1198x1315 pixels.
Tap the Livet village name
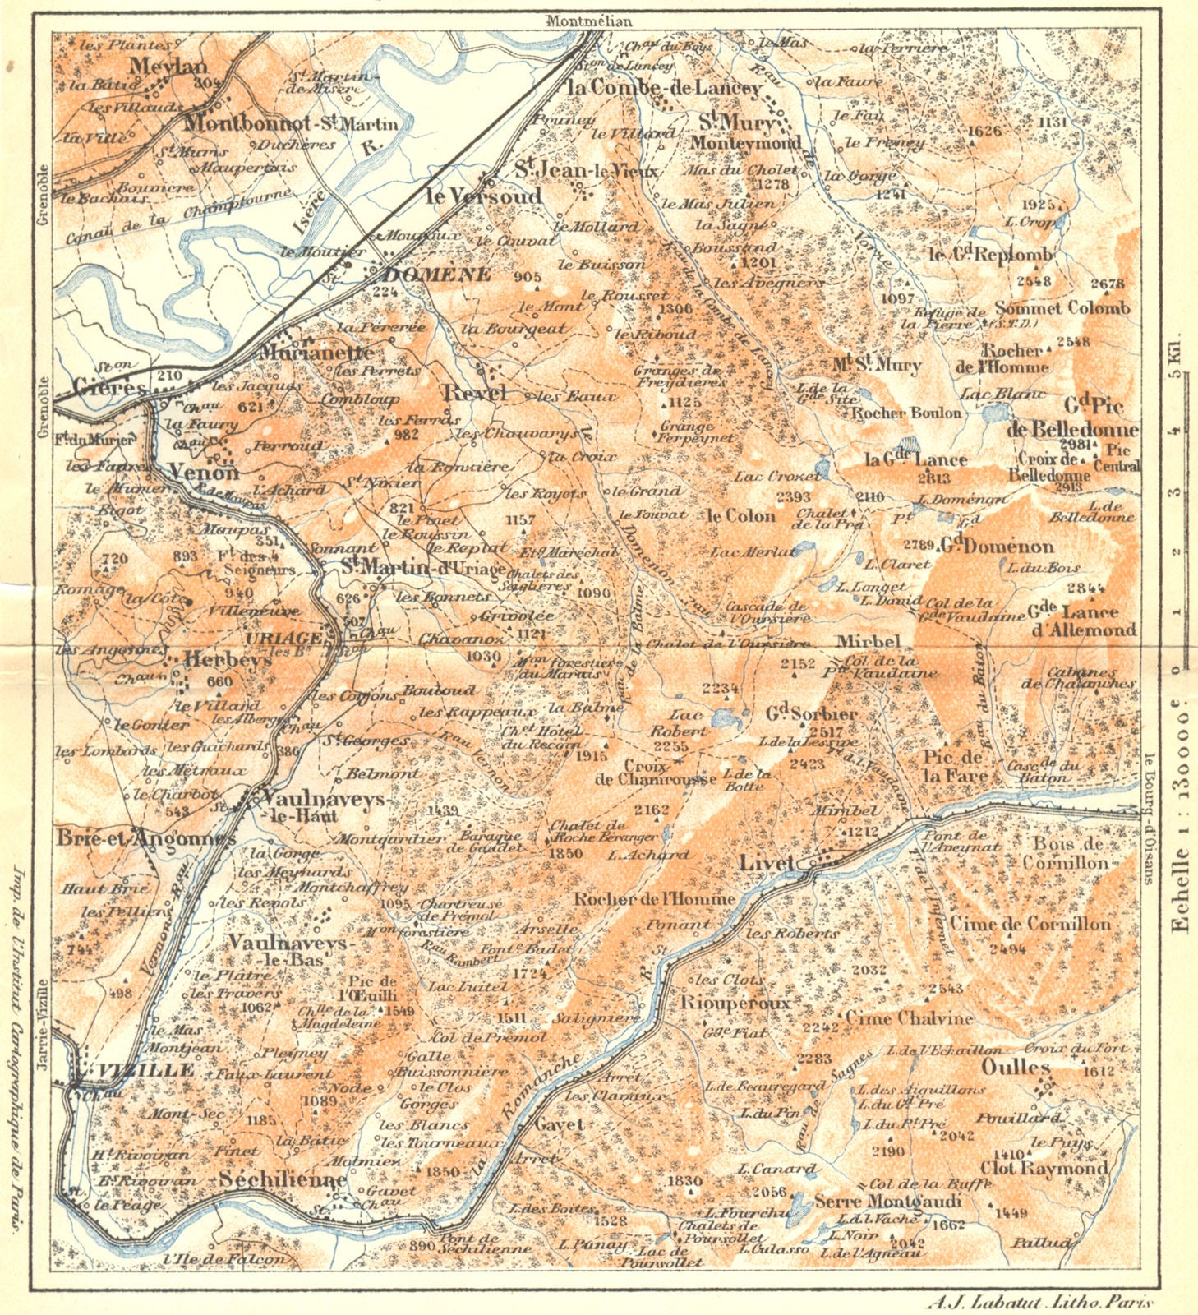766,863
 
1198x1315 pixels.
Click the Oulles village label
1016,1068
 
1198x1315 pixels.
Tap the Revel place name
474,392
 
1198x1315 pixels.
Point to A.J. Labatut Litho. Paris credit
1039,1302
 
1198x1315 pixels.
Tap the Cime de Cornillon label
1030,924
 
